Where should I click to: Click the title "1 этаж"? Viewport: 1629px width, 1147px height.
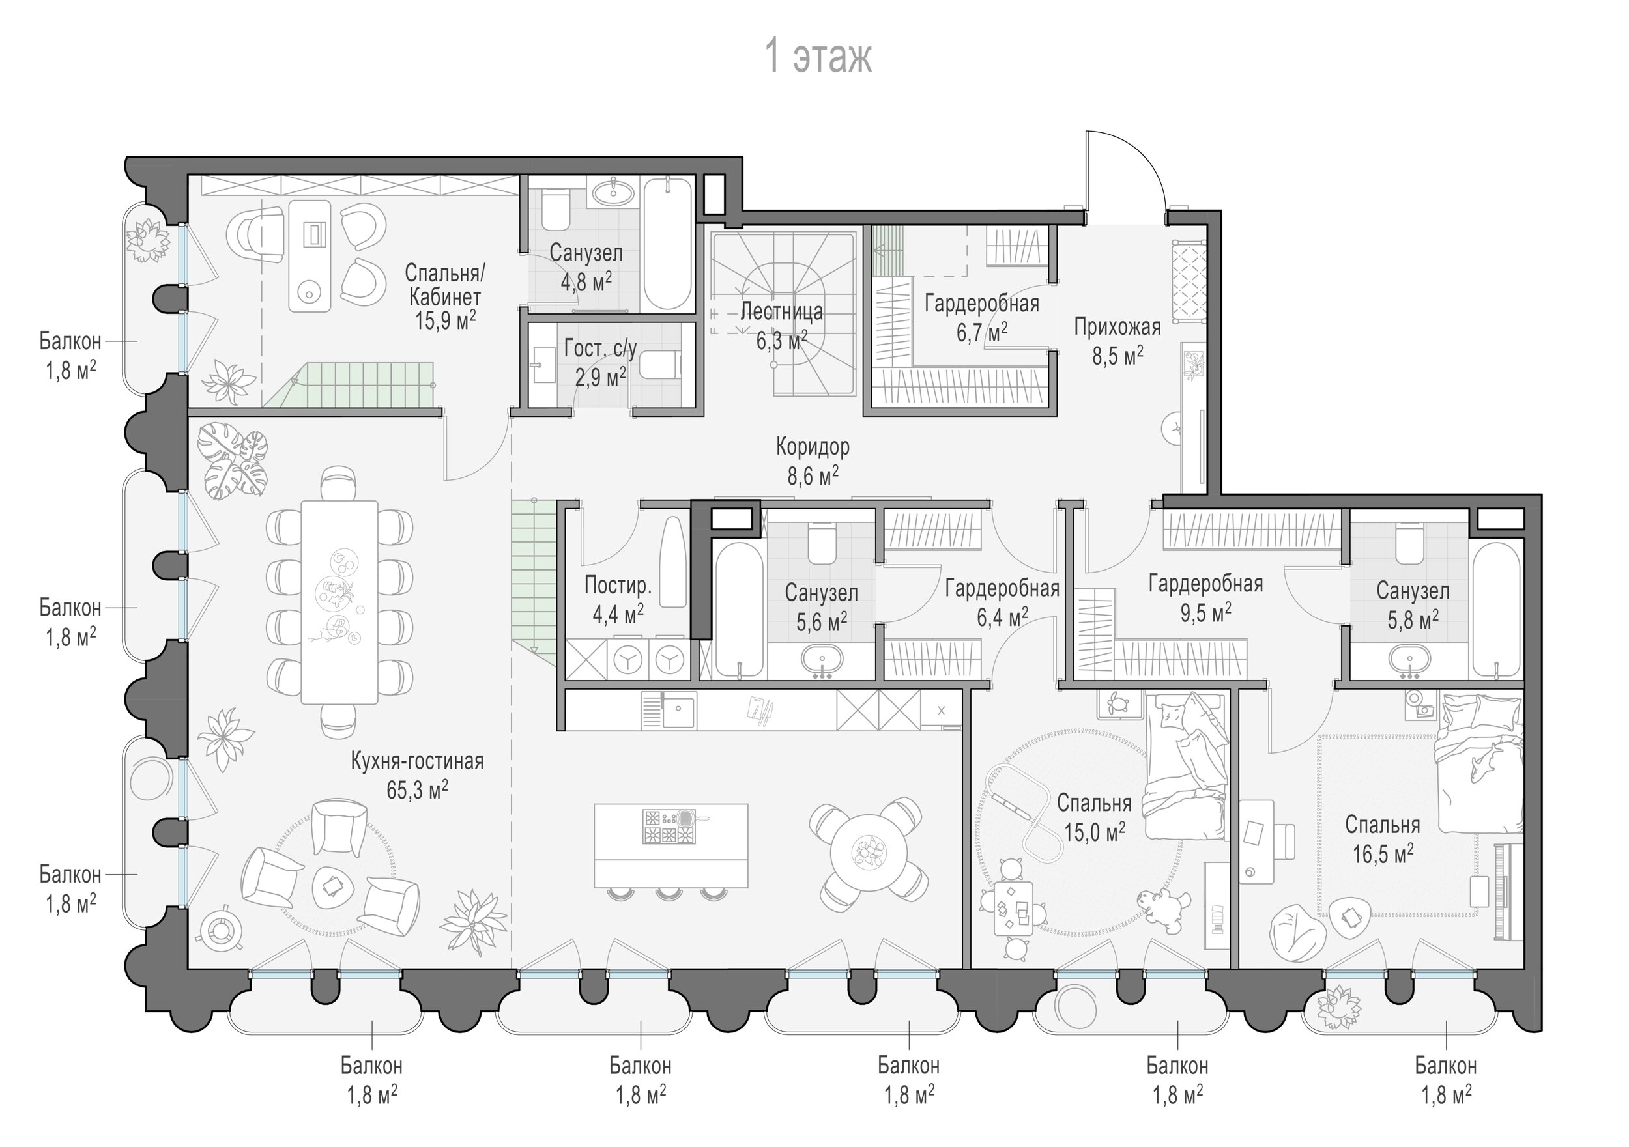tap(817, 57)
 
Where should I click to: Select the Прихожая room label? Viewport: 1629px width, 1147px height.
tap(1117, 327)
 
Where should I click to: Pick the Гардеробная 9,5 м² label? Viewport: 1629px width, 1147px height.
tap(1205, 598)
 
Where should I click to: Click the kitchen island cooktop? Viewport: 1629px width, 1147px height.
tap(669, 827)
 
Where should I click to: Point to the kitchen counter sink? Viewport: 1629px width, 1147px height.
tap(679, 709)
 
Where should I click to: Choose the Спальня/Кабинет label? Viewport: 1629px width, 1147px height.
tap(445, 284)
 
